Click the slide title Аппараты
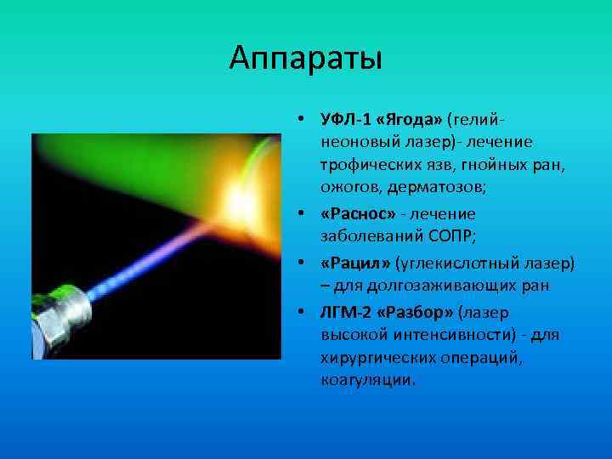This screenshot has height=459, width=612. click(306, 59)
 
